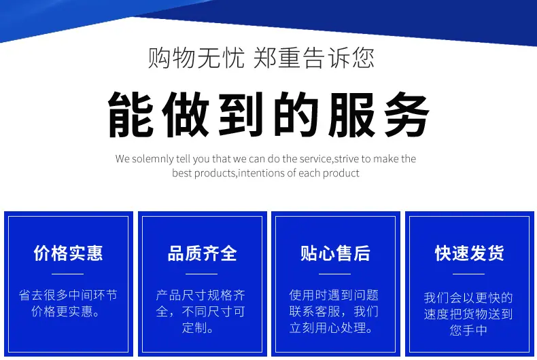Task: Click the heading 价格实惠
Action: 68,253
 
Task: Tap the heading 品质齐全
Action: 202,253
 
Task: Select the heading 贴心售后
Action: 335,253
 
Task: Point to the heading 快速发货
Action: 469,253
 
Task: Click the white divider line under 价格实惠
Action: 67,274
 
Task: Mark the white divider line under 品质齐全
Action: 201,274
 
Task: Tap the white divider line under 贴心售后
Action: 334,274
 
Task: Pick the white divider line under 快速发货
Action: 468,274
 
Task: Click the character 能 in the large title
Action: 131,115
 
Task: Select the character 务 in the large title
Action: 406,115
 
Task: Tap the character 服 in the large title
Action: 351,115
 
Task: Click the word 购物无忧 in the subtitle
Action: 196,58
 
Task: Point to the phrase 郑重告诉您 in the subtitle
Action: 314,58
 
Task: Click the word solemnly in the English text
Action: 153,159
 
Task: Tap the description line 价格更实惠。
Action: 67,311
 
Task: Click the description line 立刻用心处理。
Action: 332,328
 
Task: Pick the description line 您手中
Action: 468,330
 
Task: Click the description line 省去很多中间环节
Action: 68,295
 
